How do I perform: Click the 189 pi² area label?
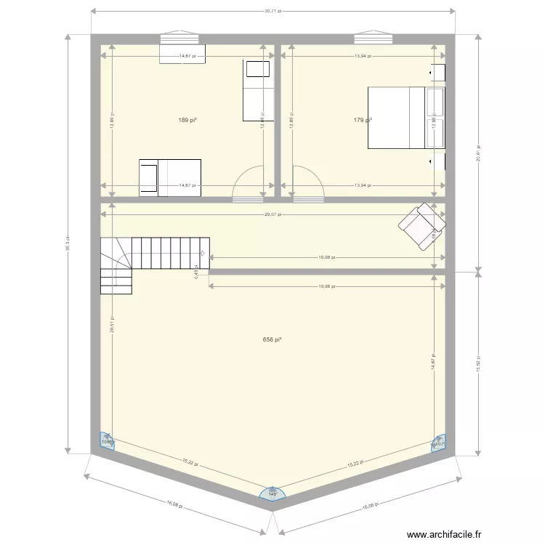tap(187, 121)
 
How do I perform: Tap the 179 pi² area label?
tap(363, 121)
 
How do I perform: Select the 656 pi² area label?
tap(272, 339)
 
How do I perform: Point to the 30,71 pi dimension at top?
tap(272, 12)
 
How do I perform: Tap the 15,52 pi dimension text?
tap(478, 362)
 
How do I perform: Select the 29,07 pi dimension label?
tap(272, 214)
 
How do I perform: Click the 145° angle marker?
tap(272, 494)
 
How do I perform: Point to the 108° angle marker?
tap(106, 441)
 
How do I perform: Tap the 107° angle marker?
tap(439, 443)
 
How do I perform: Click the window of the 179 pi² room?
tap(373, 38)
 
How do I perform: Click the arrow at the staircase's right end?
tap(203, 254)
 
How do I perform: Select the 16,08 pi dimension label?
tap(174, 506)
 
